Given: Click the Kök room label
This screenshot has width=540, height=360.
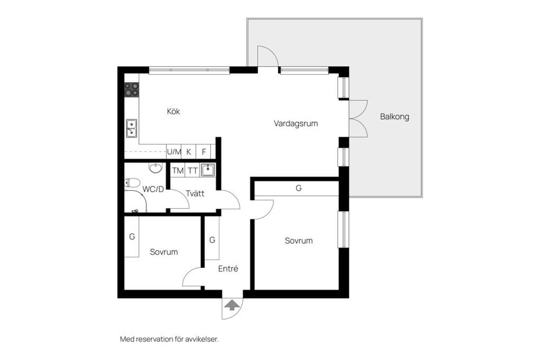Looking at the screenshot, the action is click(174, 111).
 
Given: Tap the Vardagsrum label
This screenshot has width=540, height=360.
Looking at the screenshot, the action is click(296, 123).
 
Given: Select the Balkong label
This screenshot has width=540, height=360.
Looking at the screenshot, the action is click(395, 116).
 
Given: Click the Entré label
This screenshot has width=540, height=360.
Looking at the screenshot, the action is click(228, 268).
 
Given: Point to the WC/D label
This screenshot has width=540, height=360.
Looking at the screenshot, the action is click(153, 189).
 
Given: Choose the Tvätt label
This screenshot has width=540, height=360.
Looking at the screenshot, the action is click(195, 193).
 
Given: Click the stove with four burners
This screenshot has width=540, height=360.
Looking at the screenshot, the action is click(132, 89).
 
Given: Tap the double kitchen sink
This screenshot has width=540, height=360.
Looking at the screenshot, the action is click(132, 128).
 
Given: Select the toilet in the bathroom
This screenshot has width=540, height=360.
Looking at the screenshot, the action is click(132, 183).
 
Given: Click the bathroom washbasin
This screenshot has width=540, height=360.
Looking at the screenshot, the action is click(156, 168).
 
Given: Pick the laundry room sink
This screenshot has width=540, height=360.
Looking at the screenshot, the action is click(208, 170).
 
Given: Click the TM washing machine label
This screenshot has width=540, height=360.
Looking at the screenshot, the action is click(178, 170).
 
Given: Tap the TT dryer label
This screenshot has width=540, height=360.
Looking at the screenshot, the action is click(192, 170).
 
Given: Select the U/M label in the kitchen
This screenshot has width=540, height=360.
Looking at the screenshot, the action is click(174, 151).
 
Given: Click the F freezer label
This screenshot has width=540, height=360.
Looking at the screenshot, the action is click(204, 152).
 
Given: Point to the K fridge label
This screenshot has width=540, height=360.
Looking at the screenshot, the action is click(189, 152).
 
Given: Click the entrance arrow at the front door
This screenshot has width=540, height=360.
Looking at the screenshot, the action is click(232, 305).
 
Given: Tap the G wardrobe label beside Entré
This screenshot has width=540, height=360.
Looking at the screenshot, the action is click(212, 240).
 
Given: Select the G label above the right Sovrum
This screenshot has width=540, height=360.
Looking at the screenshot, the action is click(299, 188).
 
